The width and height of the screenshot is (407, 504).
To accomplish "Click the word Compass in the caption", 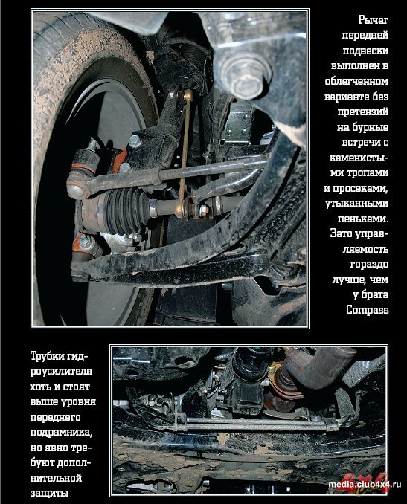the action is [368, 310].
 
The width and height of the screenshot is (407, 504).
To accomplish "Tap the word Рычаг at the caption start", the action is [374, 20].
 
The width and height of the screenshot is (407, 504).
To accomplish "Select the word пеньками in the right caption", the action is [363, 219].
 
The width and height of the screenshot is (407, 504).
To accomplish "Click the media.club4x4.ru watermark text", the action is [365, 485].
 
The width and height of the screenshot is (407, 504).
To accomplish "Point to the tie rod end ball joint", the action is [77, 190].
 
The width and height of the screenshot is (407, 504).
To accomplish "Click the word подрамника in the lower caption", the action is [62, 432].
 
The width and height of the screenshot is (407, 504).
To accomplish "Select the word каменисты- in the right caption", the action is [359, 158].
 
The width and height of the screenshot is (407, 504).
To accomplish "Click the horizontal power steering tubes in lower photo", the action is [257, 423].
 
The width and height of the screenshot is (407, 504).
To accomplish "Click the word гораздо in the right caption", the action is [369, 264].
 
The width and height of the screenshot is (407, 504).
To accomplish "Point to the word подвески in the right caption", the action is [365, 51].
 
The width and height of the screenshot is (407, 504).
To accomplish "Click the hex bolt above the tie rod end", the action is [135, 140].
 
